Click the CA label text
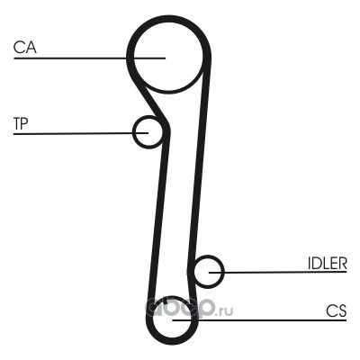point(25,48)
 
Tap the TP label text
point(21,123)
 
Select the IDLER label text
point(328,263)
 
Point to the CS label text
point(337,310)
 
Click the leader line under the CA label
point(89,58)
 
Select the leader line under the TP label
point(81,133)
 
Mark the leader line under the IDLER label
point(278,272)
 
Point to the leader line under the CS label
point(259,320)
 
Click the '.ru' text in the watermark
point(224,312)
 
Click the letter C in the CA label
point(19,48)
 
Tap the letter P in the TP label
point(24,123)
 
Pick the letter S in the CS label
point(343,310)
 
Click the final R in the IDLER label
point(343,263)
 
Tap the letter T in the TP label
point(17,123)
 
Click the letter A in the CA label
point(31,48)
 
